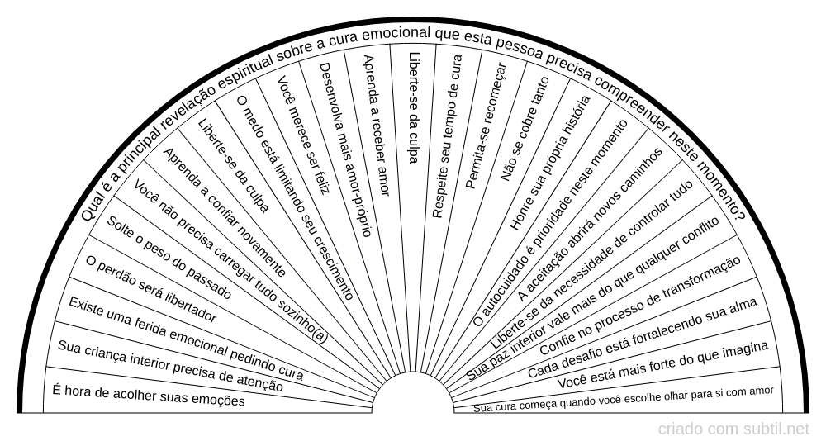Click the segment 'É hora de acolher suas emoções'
[149, 396]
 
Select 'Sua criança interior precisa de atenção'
[170, 367]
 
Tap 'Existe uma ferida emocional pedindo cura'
[186, 339]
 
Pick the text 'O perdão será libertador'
[150, 290]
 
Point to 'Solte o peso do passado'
[169, 258]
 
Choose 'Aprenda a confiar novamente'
[225, 212]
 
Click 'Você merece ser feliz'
[303, 135]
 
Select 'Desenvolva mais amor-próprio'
[346, 149]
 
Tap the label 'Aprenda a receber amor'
[376, 126]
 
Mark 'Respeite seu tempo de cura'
[447, 135]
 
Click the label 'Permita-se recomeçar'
[486, 126]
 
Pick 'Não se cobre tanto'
[525, 129]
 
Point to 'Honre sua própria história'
[550, 163]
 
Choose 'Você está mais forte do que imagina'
[662, 365]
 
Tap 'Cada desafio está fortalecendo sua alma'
[643, 338]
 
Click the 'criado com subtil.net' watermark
[733, 429]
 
